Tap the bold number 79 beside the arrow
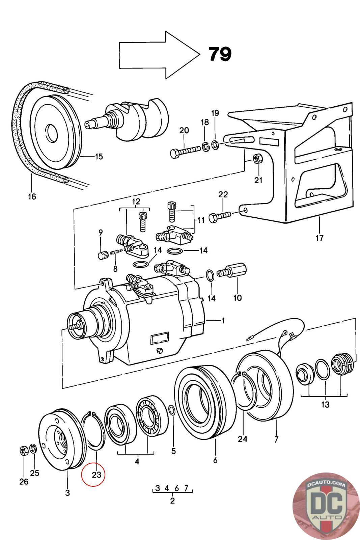click(220, 54)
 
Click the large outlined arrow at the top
click(159, 55)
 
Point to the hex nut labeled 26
click(24, 451)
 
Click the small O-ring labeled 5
click(171, 410)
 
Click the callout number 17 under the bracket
click(319, 238)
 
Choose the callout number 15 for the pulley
click(99, 156)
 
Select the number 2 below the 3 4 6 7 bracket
click(172, 501)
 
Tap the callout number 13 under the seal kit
click(325, 404)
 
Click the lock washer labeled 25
click(33, 449)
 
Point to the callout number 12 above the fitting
click(136, 202)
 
